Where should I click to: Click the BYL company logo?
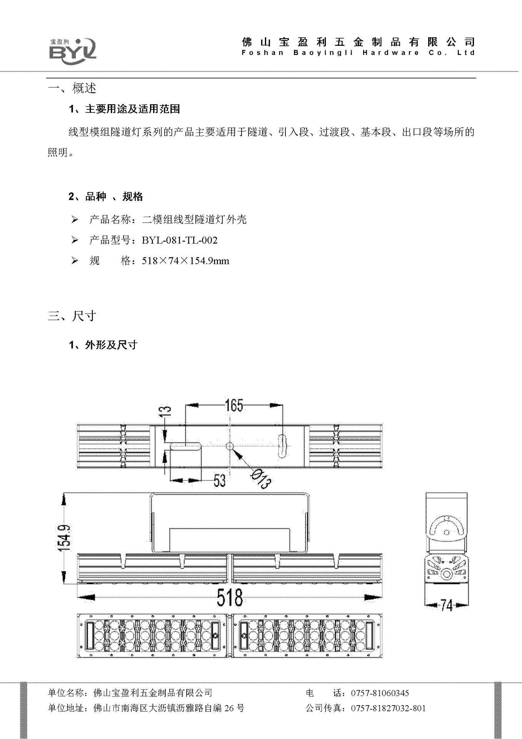tap(73, 49)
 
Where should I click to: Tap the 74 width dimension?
tap(446, 605)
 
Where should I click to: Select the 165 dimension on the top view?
tap(234, 405)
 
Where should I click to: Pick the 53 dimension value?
tap(219, 480)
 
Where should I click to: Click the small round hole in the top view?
tap(230, 446)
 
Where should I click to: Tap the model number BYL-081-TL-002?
tap(180, 241)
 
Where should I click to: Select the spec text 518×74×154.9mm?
tap(185, 261)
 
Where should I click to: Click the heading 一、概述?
tap(72, 88)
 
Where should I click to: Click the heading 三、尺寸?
tap(72, 316)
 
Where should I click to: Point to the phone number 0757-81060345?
tap(380, 693)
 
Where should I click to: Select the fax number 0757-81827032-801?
tap(388, 708)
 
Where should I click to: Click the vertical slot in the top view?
tap(282, 446)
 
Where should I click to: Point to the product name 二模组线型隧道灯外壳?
tap(194, 220)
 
